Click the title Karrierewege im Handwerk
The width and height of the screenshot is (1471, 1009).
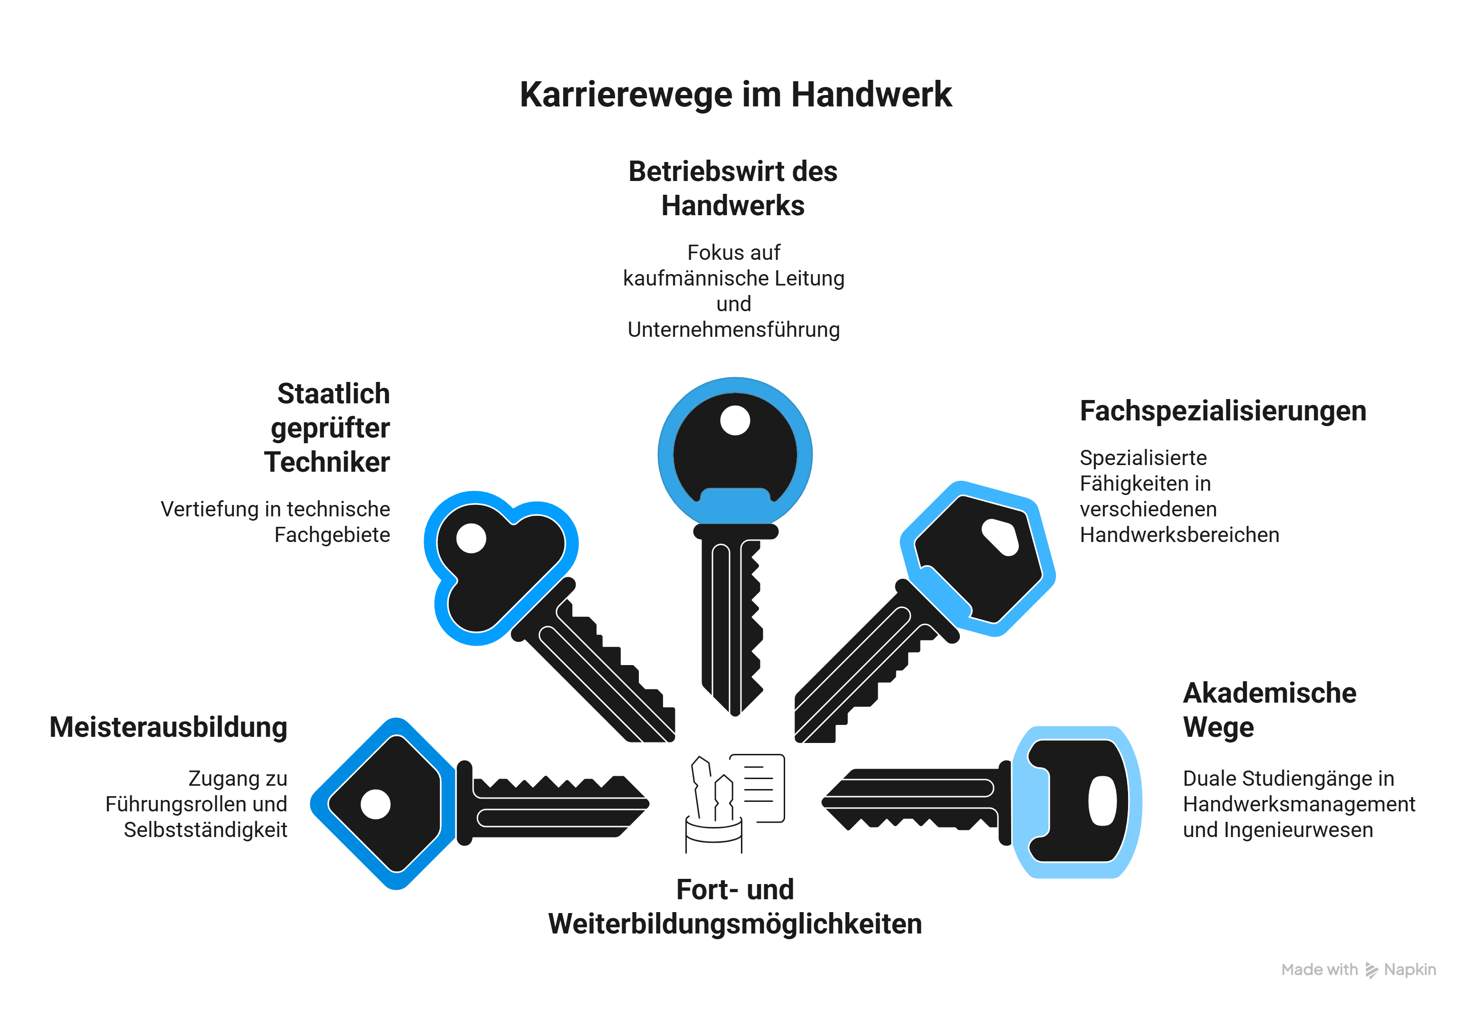click(735, 95)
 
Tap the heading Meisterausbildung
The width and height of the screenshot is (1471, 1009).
click(168, 727)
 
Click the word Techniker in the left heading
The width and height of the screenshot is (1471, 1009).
click(327, 462)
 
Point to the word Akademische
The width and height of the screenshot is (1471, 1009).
click(1269, 693)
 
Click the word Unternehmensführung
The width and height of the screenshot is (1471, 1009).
click(734, 330)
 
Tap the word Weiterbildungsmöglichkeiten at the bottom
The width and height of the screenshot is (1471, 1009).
click(735, 924)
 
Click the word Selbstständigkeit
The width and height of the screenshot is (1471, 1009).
click(206, 830)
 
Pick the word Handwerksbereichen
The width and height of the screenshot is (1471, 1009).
click(1179, 535)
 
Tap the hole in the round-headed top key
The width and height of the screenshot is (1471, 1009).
click(735, 420)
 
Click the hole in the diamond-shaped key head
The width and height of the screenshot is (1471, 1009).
click(375, 805)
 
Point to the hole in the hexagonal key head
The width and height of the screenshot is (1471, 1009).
click(1000, 537)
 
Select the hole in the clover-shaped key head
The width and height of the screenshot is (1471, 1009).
click(471, 538)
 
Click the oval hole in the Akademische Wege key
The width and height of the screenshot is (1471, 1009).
click(1102, 801)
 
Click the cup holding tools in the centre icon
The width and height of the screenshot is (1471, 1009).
click(714, 836)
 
